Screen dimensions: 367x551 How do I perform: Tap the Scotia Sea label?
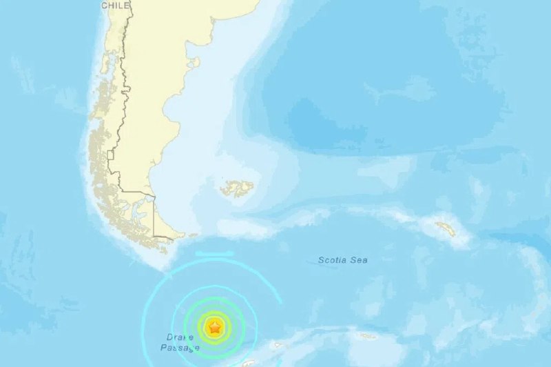[x=342, y=260]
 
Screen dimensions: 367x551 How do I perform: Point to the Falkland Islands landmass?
[x=236, y=188]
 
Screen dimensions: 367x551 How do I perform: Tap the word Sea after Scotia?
[x=359, y=260]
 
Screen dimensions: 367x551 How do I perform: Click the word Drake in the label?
[x=178, y=337]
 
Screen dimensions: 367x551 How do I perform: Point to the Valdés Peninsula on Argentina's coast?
[x=195, y=62]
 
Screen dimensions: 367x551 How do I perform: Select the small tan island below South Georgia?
[x=366, y=336]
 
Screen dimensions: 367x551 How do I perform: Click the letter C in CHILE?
[x=105, y=6]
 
